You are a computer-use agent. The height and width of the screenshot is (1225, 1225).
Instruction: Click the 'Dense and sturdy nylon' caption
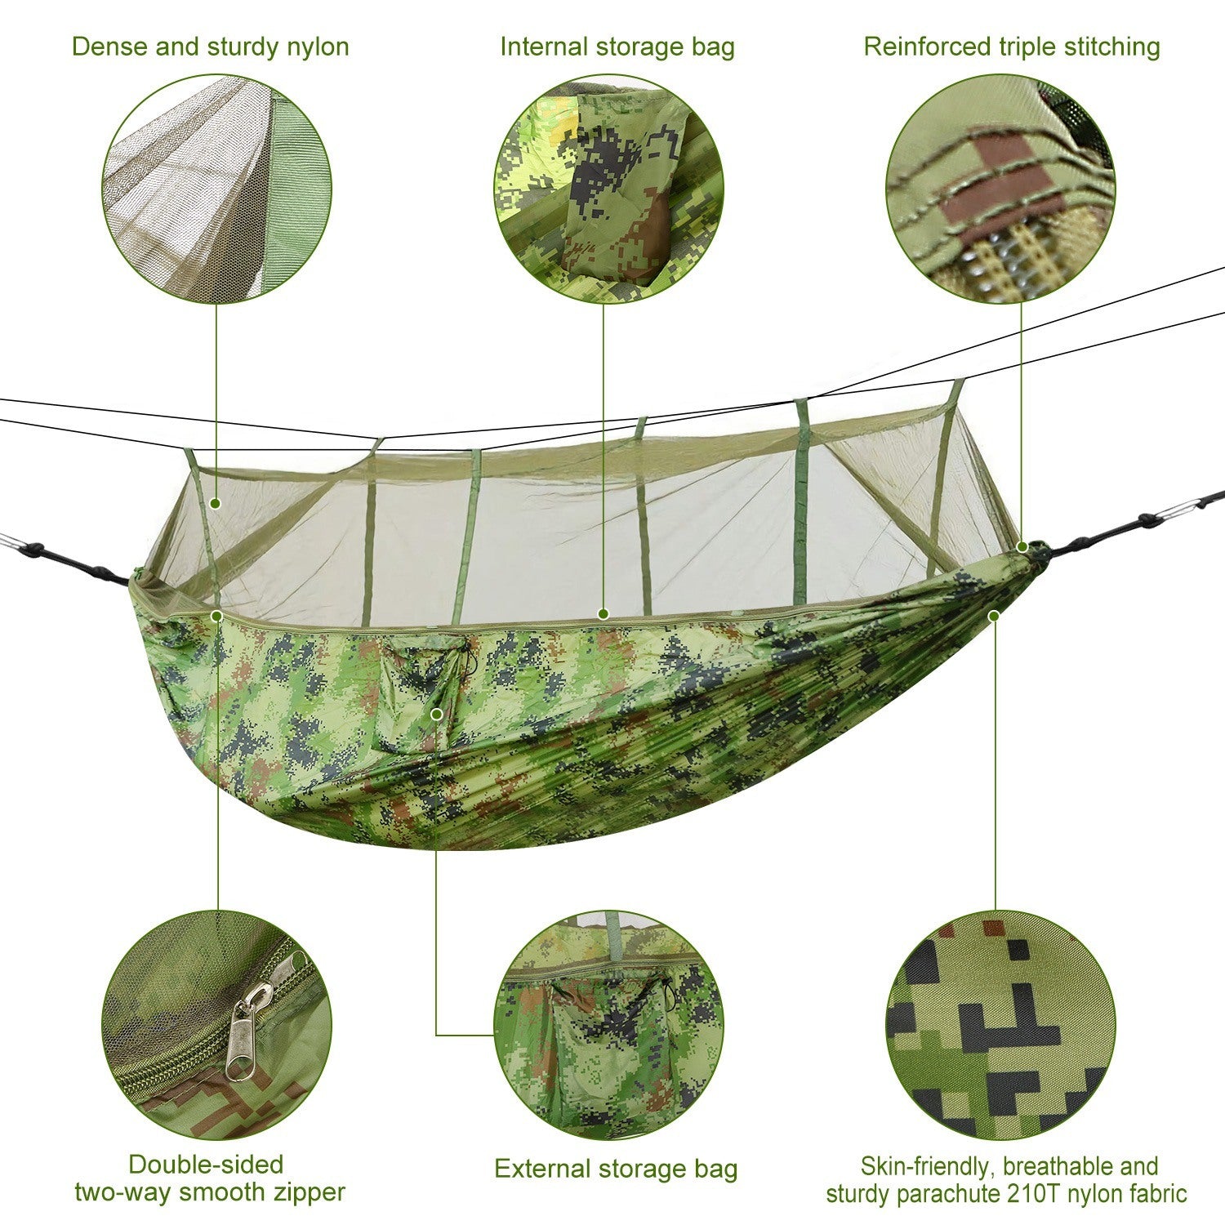tap(210, 47)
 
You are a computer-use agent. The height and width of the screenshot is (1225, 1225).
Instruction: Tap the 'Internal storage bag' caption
tap(617, 47)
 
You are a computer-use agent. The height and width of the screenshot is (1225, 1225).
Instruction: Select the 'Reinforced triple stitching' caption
tap(1011, 47)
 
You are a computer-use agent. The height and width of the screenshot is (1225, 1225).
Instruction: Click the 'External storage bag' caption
tap(616, 1169)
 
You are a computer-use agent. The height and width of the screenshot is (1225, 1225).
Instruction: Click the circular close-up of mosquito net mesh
tap(217, 189)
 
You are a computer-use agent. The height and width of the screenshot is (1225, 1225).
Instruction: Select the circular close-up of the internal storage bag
tap(609, 189)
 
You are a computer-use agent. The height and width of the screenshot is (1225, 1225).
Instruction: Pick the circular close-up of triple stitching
tap(1000, 189)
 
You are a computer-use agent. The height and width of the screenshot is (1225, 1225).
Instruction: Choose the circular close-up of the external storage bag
tap(609, 1026)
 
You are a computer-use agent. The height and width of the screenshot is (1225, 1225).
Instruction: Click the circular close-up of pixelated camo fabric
tap(1000, 1026)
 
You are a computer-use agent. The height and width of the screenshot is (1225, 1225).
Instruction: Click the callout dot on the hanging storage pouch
tap(437, 715)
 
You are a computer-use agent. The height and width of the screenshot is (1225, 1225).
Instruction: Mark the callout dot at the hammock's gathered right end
tap(1022, 546)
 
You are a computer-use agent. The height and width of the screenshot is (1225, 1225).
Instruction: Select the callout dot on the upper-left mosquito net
tap(216, 504)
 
